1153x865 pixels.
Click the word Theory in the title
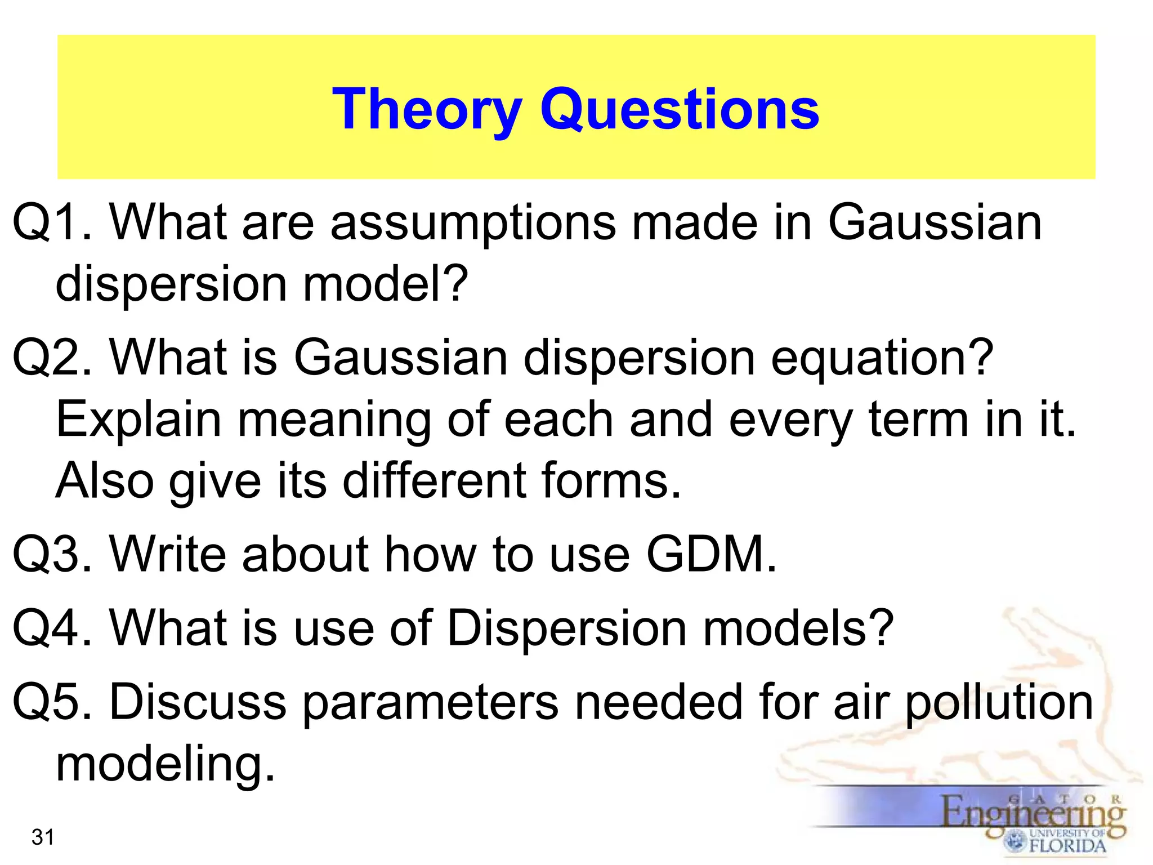point(427,110)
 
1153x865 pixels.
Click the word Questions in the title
point(680,110)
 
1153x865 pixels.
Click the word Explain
point(138,421)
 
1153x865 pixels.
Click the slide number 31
point(43,837)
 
